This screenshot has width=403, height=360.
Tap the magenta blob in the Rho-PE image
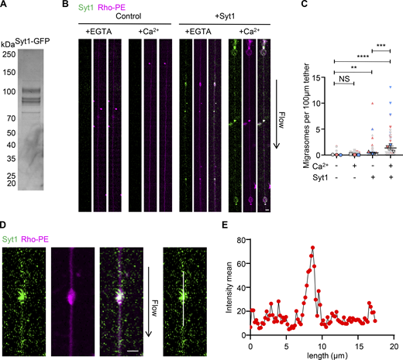(76, 296)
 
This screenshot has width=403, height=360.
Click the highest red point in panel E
(312, 248)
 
